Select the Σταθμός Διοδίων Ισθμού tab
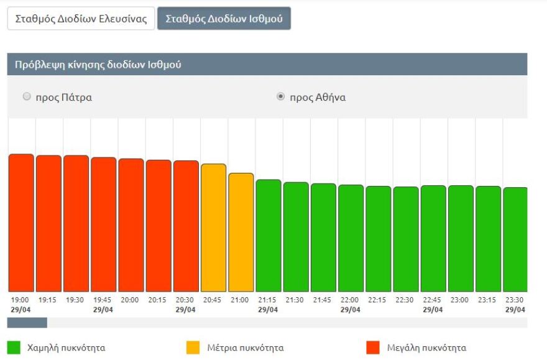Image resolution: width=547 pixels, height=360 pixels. click(224, 19)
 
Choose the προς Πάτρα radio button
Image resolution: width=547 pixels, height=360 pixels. click(27, 97)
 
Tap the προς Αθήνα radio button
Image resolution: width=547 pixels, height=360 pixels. click(280, 97)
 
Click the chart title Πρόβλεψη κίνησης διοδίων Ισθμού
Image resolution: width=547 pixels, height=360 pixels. click(94, 65)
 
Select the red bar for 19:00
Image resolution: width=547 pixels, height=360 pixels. click(21, 223)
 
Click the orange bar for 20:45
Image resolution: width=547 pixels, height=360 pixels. click(213, 228)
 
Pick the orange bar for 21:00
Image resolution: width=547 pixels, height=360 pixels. click(241, 233)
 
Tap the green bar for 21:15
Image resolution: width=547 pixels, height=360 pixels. click(269, 236)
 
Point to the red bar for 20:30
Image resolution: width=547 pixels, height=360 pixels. click(186, 226)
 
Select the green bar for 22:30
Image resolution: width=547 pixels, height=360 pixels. click(406, 239)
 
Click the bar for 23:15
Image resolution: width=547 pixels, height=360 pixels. click(488, 239)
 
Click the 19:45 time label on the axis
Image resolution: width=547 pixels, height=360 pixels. click(103, 300)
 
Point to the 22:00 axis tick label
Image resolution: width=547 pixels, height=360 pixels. click(350, 300)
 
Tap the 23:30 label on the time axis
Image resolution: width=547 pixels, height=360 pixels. click(515, 300)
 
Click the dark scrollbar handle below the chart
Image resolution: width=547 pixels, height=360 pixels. click(27, 323)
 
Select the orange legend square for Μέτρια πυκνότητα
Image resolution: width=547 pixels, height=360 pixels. click(193, 348)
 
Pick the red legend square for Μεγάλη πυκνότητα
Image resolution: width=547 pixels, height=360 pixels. click(374, 348)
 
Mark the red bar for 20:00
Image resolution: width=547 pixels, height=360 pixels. click(131, 225)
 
